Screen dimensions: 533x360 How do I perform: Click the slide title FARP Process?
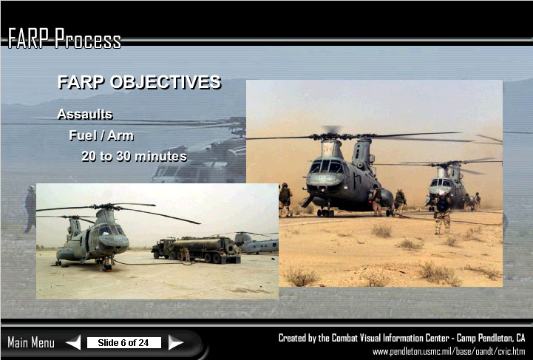click(64, 38)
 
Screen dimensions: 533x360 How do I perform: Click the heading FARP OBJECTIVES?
click(140, 82)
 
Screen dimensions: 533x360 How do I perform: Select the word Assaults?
click(84, 115)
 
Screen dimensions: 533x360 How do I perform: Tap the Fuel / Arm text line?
click(101, 135)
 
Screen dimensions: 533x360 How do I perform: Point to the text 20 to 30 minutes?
click(134, 157)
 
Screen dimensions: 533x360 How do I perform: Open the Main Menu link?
click(31, 342)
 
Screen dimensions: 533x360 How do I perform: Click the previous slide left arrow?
click(73, 342)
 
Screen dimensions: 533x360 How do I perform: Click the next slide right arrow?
click(176, 342)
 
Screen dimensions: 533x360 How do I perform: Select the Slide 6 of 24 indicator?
click(123, 343)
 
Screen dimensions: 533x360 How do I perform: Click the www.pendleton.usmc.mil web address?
click(449, 352)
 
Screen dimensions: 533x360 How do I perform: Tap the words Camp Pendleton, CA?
click(491, 338)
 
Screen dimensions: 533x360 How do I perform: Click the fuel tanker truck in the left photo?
click(196, 250)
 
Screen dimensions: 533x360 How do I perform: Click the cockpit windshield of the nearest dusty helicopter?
click(326, 167)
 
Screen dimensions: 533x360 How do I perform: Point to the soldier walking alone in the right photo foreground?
click(442, 212)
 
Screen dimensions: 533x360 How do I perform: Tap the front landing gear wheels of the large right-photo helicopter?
click(326, 213)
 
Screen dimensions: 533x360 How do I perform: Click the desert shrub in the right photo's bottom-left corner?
click(302, 276)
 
